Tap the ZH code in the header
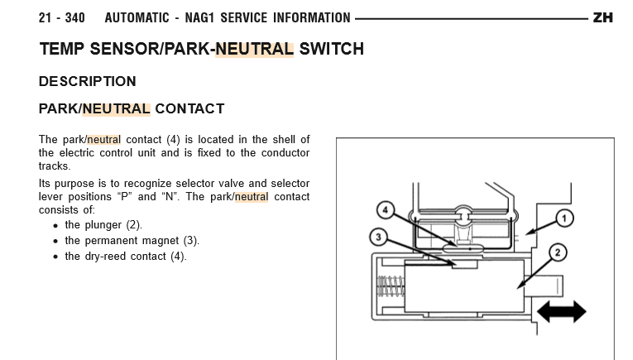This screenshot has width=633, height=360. [603, 17]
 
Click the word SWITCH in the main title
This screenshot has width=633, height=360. [332, 49]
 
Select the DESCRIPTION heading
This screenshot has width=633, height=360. [87, 82]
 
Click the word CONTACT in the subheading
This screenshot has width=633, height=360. [189, 108]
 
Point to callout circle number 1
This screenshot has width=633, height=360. [565, 218]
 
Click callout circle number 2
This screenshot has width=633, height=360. [557, 252]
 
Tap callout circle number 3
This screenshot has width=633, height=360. [377, 238]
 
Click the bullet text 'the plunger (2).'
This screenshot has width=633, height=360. [103, 225]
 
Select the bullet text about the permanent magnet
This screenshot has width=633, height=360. [132, 241]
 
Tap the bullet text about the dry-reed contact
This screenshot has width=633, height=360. [126, 257]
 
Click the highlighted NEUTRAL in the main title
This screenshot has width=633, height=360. [254, 49]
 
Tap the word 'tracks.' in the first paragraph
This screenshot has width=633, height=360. [55, 166]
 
